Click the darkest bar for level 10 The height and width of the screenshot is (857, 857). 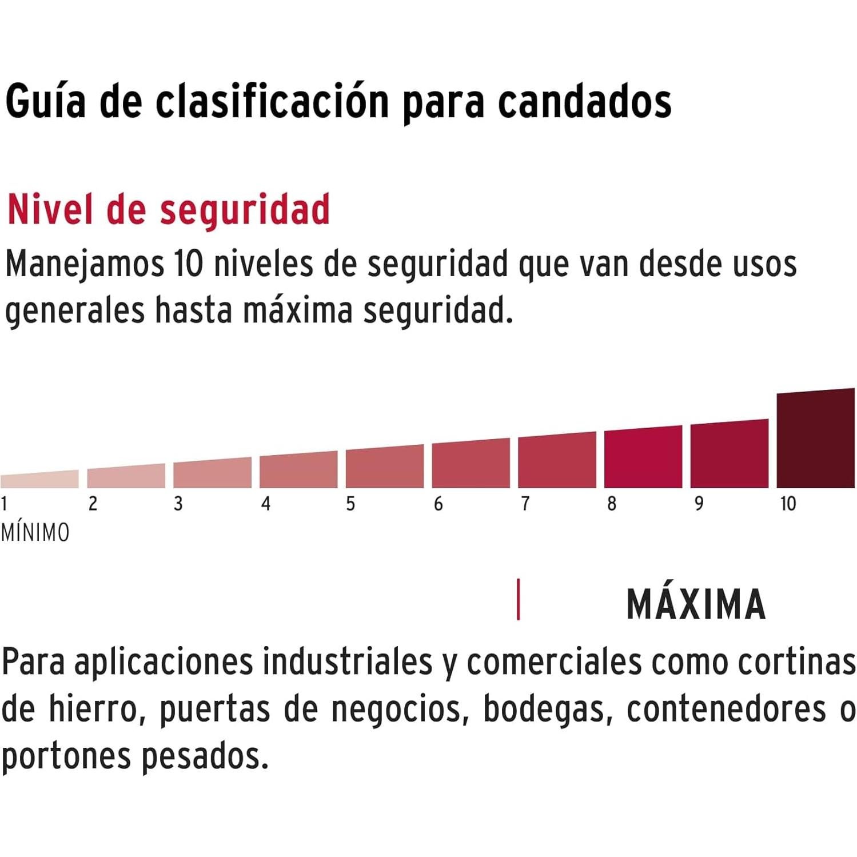coord(815,439)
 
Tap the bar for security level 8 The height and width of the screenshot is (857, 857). coord(643,457)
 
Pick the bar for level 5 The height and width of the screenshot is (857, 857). coord(384,467)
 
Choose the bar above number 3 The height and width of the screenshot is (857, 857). coord(212,473)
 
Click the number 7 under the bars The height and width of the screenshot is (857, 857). coord(525,504)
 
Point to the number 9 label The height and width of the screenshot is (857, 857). coord(699,504)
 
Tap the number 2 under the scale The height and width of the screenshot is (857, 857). coord(93,504)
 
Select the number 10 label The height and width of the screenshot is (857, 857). coord(788,504)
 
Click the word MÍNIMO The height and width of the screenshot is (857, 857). coord(35,532)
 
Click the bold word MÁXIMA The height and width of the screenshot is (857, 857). coord(696,604)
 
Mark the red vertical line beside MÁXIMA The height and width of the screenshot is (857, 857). coord(518,599)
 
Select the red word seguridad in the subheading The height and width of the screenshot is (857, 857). coord(245,210)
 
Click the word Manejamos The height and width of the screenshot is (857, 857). coord(85,265)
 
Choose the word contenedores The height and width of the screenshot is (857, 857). coord(726,709)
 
